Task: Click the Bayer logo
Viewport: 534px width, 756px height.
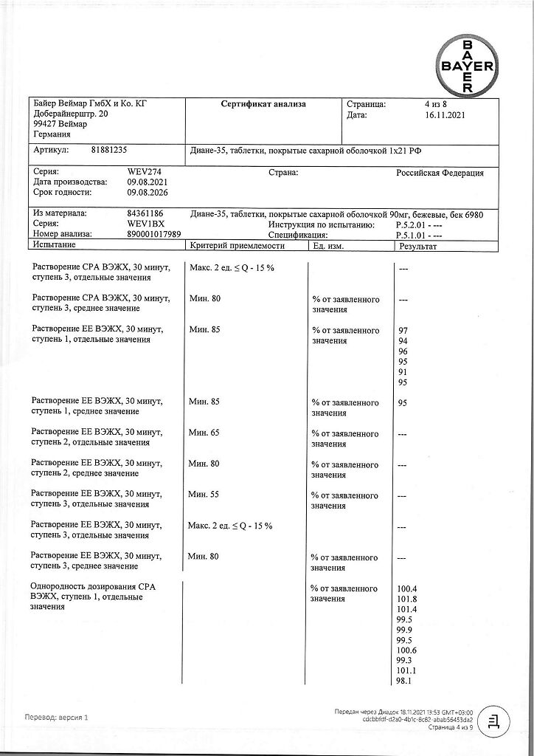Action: (x=468, y=65)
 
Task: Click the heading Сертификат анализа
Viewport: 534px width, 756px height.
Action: (x=263, y=104)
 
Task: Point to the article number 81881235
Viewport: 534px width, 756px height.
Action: (x=109, y=149)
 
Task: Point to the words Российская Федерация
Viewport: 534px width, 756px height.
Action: (x=440, y=173)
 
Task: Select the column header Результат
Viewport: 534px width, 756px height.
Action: (x=418, y=245)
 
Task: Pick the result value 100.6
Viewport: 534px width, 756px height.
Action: (x=407, y=650)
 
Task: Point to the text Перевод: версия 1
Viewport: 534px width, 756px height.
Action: (x=57, y=717)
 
